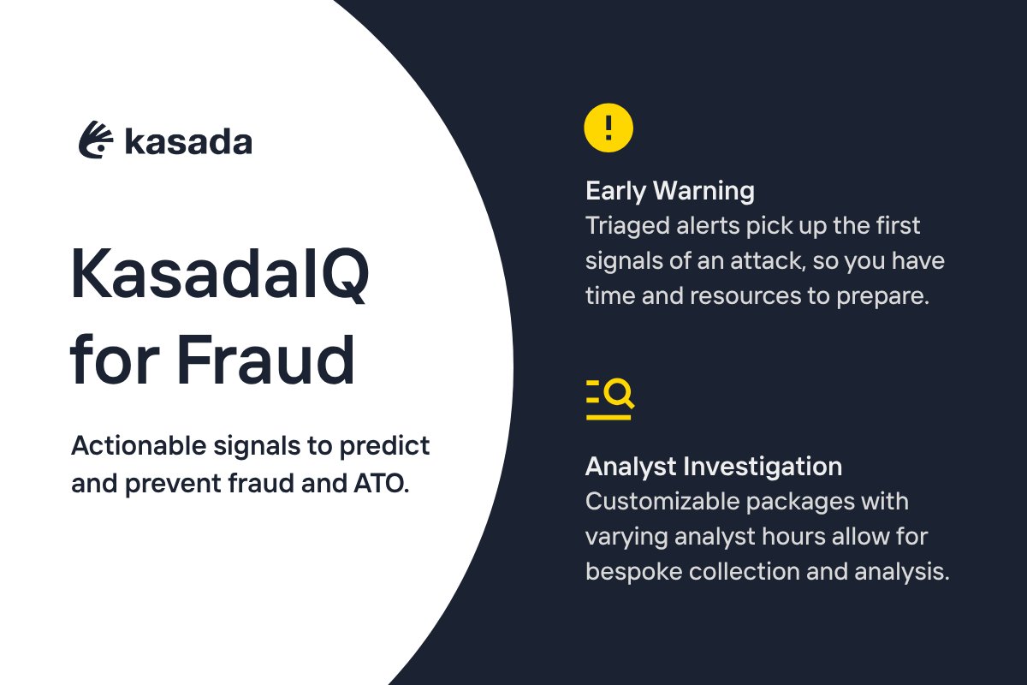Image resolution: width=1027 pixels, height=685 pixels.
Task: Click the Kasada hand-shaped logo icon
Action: pyautogui.click(x=96, y=140)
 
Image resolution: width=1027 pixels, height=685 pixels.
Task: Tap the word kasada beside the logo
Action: pyautogui.click(x=188, y=142)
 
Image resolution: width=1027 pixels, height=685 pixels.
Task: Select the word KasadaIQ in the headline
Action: pyautogui.click(x=220, y=273)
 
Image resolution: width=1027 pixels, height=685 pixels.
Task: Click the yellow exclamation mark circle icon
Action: pyautogui.click(x=608, y=128)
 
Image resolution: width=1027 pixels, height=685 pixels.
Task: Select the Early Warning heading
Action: pyautogui.click(x=669, y=190)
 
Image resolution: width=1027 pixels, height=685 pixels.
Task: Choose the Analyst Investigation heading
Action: pyautogui.click(x=713, y=467)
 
